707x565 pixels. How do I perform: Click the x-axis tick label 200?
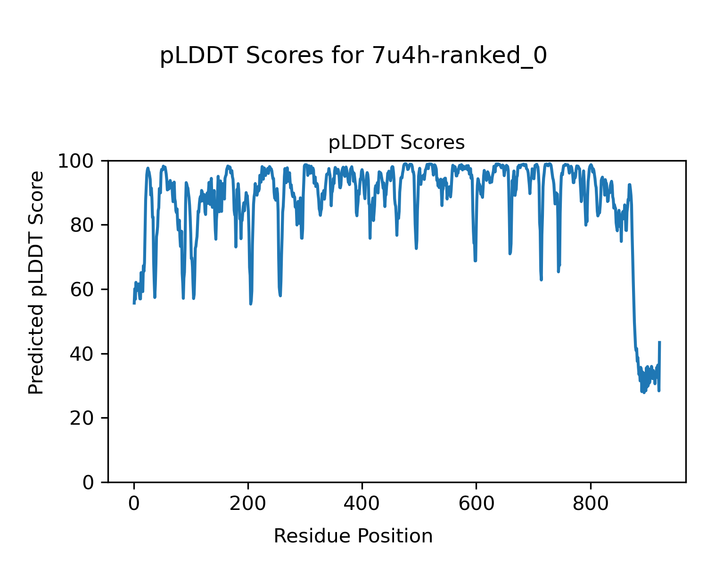pos(248,503)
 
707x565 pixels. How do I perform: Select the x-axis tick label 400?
pos(362,503)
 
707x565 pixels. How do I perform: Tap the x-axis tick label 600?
pos(476,503)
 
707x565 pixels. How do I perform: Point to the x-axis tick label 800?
pos(590,503)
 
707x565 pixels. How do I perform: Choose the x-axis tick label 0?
pos(134,503)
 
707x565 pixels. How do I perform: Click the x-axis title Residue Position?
pos(353,536)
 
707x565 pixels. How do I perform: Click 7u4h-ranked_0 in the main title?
pos(460,56)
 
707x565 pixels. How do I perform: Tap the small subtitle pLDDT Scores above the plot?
pos(396,143)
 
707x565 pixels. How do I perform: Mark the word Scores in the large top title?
pos(285,56)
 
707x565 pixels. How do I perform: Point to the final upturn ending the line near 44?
pos(659,342)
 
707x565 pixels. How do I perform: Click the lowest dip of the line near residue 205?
pos(251,304)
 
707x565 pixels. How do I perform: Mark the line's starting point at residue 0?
pos(134,303)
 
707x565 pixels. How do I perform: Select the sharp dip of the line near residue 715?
pos(541,279)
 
